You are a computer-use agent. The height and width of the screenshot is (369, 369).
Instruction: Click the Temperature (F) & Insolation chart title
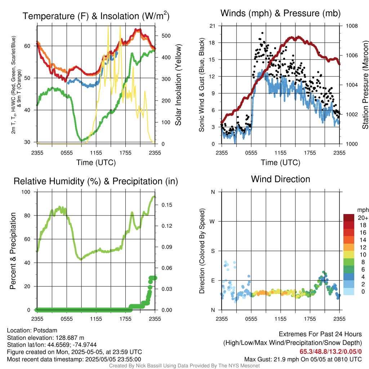click(96, 16)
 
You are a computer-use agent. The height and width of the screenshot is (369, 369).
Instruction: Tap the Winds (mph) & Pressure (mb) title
click(280, 13)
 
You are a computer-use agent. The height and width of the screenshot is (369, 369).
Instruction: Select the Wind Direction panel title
click(280, 179)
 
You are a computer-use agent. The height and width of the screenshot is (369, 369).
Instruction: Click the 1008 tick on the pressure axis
click(352, 26)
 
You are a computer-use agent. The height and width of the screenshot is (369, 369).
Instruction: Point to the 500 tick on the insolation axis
click(166, 36)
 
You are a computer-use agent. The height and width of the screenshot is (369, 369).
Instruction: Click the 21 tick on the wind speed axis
click(212, 26)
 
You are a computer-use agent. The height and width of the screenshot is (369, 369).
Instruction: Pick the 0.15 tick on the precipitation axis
click(167, 205)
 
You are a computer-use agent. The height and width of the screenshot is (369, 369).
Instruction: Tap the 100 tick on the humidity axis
click(26, 192)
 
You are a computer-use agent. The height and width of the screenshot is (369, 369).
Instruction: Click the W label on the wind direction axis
click(212, 222)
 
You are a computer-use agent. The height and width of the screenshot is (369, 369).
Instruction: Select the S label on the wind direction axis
click(213, 251)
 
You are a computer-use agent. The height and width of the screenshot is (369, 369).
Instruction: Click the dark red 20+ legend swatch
click(348, 218)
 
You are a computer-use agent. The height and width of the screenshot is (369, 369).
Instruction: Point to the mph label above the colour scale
click(363, 210)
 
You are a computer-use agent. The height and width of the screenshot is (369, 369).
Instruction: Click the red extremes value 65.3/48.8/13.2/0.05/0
click(331, 352)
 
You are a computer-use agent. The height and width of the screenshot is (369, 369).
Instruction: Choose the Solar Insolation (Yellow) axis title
click(178, 85)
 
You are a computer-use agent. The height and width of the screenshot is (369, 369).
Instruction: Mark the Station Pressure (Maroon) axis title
click(365, 85)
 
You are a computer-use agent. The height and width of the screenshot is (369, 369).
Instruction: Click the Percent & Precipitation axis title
click(13, 251)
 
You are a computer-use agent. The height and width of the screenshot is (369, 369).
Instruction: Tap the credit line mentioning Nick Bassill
click(184, 366)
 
